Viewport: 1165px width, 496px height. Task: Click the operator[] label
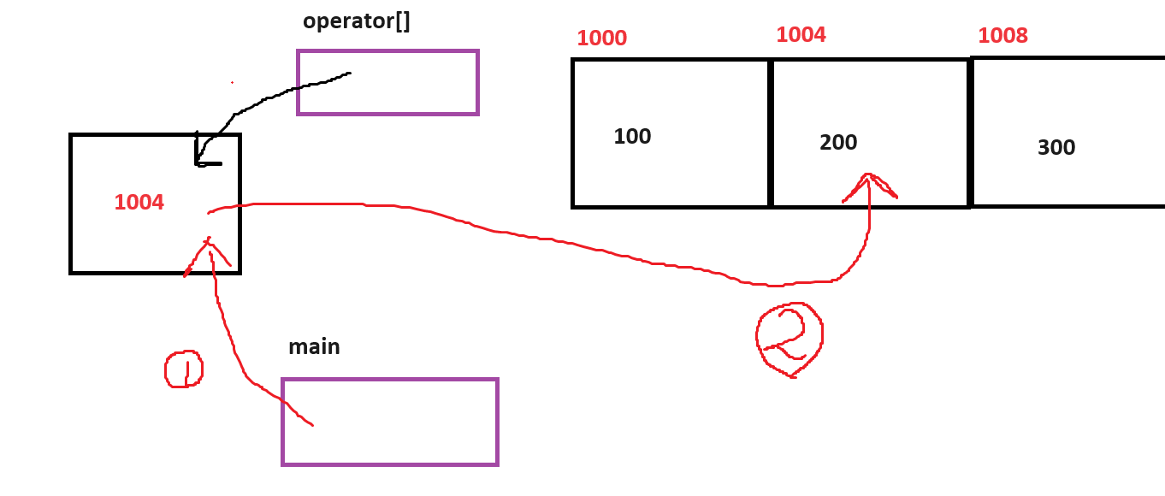click(357, 21)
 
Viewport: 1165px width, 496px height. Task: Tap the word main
click(314, 347)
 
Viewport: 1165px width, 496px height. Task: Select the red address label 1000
click(601, 38)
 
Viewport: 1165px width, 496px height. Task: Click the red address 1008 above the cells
click(1002, 36)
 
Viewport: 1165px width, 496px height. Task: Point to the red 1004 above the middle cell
click(801, 35)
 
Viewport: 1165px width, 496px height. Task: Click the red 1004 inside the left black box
click(139, 203)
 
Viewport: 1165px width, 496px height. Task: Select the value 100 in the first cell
click(632, 137)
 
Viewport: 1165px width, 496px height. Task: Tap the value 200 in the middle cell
click(837, 143)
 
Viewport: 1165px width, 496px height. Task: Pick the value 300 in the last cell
click(1056, 148)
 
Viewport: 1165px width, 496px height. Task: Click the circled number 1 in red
click(183, 369)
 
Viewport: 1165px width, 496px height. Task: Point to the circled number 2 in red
click(789, 339)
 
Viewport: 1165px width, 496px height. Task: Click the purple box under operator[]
click(387, 82)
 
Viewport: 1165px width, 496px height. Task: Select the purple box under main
click(390, 422)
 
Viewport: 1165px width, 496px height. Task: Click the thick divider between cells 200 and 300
click(970, 133)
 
